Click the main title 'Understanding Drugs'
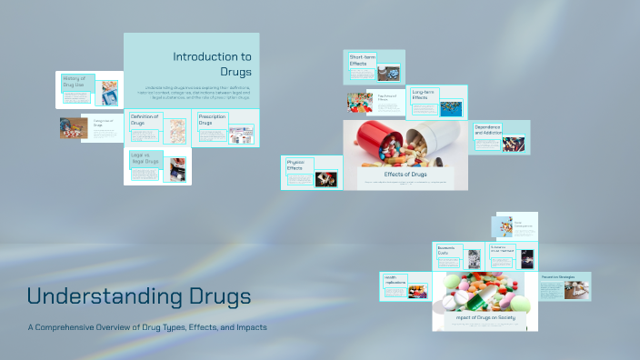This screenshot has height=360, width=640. (x=139, y=296)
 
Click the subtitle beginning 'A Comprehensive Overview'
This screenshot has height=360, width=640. (x=146, y=327)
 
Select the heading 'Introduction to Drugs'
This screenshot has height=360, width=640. (x=212, y=63)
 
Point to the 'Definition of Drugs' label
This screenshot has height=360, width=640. (x=145, y=120)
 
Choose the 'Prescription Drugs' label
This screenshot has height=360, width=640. (x=212, y=120)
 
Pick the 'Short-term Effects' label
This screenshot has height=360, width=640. (x=362, y=61)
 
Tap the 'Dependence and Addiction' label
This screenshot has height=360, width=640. (x=486, y=130)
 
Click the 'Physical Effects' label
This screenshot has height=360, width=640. (x=295, y=165)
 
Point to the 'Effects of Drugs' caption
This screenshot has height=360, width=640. (x=405, y=174)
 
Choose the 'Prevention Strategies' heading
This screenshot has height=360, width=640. (x=558, y=276)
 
